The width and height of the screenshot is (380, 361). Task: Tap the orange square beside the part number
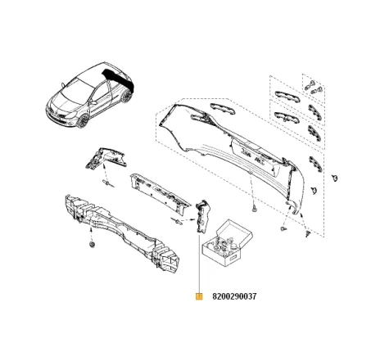point(198,297)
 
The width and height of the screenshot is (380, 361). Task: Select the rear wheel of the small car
point(127,97)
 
